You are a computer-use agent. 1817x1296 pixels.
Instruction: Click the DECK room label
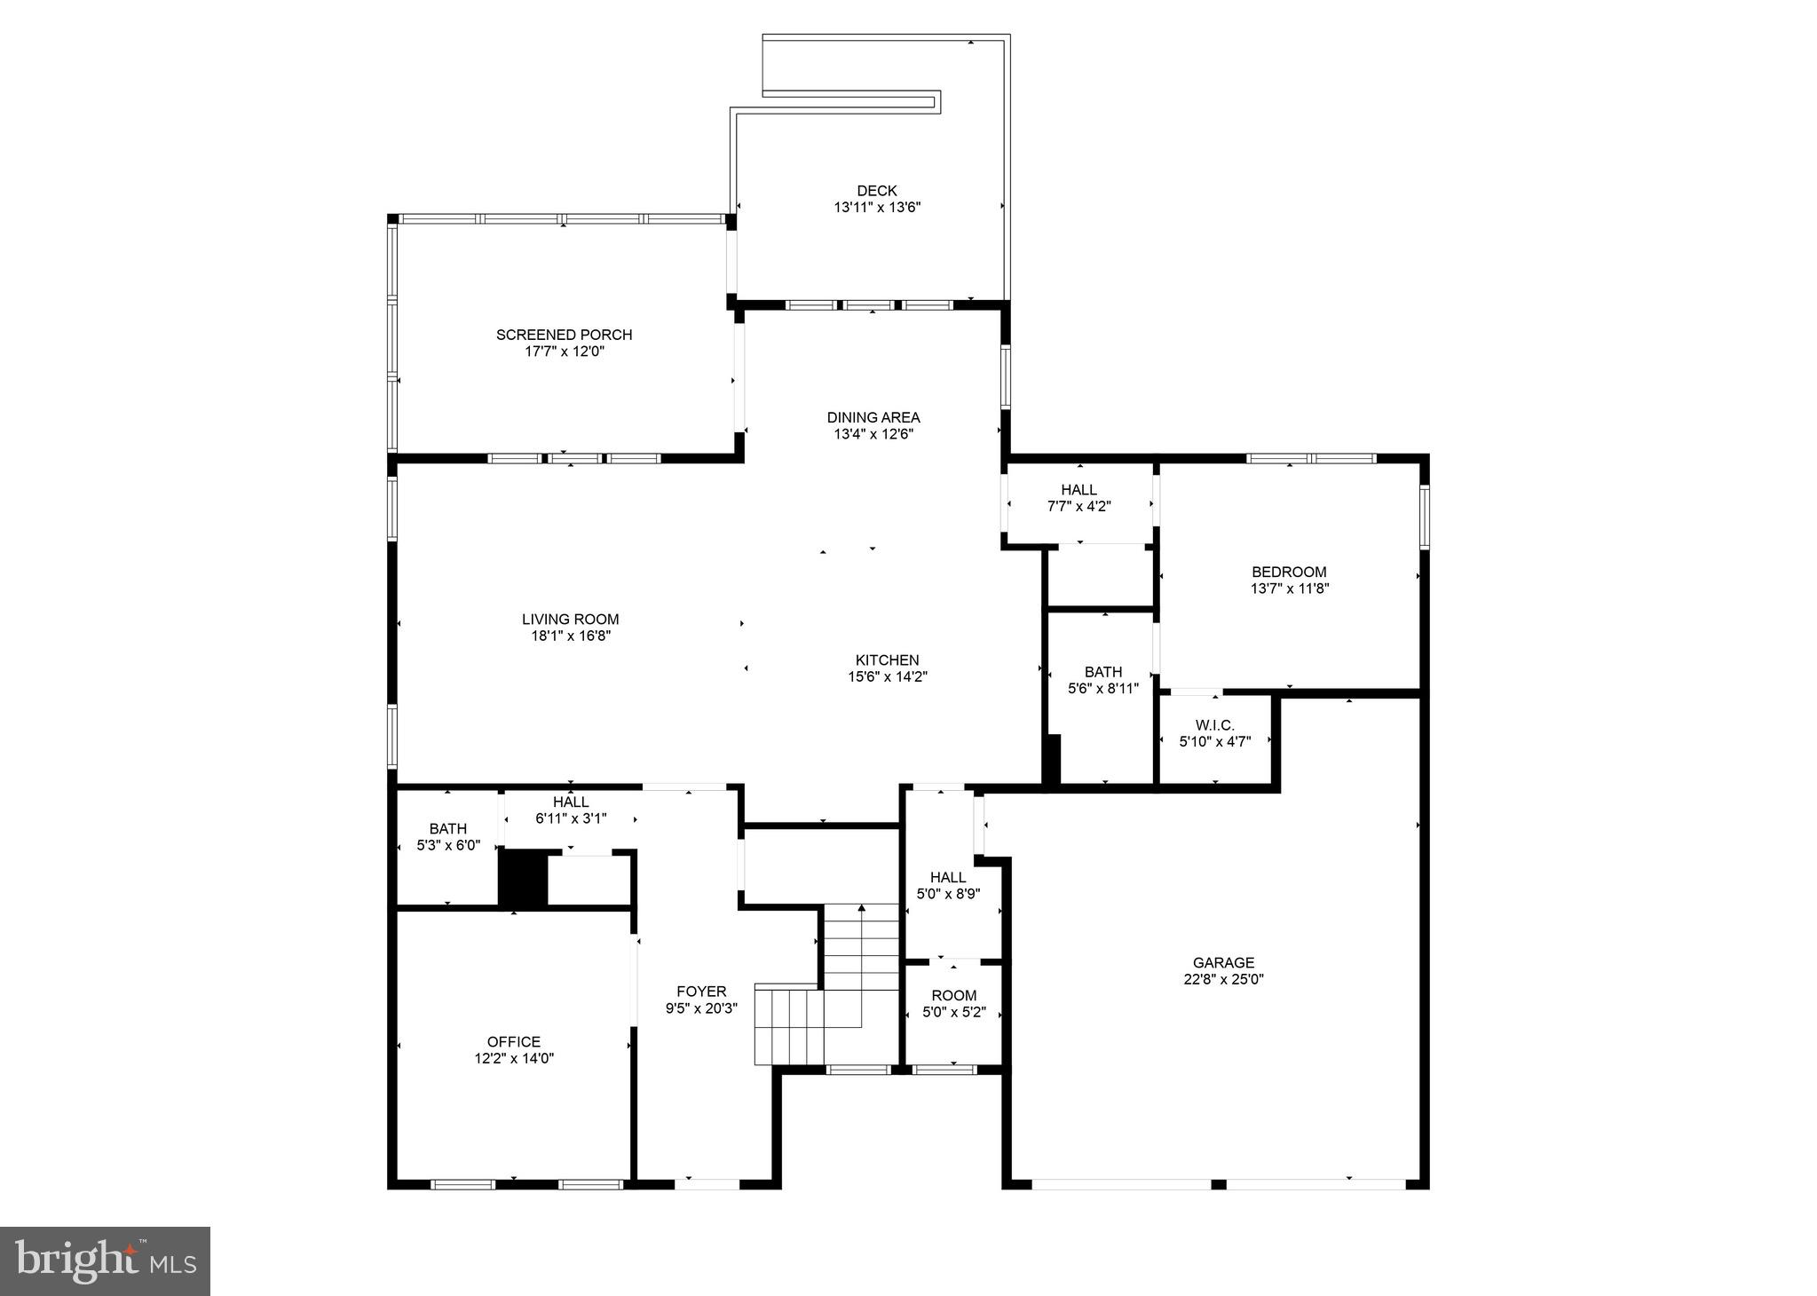(x=876, y=191)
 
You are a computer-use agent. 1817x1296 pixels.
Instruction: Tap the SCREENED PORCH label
(x=564, y=335)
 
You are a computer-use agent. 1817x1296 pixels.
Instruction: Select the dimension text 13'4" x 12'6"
(x=873, y=434)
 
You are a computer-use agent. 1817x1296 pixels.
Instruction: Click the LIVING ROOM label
(x=570, y=620)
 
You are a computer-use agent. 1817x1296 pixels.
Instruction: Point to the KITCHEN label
(x=887, y=660)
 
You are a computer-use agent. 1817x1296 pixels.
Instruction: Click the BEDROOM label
(x=1289, y=573)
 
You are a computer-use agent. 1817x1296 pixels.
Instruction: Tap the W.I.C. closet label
(x=1214, y=725)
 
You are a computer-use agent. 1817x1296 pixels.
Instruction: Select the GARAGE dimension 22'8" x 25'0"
(x=1223, y=979)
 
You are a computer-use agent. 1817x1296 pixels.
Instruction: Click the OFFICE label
(x=513, y=1042)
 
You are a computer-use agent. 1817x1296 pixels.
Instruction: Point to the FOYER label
(x=701, y=992)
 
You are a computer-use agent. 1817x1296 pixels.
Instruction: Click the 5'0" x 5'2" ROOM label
(x=954, y=996)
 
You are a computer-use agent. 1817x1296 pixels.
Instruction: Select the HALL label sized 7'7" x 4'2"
(x=1078, y=490)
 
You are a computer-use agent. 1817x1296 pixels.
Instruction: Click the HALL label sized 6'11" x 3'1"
(x=571, y=802)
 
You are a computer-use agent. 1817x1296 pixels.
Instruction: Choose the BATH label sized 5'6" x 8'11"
(x=1102, y=672)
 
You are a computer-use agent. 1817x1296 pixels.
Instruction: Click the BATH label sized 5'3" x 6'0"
(x=447, y=829)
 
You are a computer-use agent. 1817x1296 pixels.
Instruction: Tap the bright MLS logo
(x=105, y=1261)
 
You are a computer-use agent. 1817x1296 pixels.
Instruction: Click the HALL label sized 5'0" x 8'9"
(x=948, y=878)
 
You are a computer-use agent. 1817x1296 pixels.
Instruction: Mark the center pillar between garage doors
(x=1218, y=1184)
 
